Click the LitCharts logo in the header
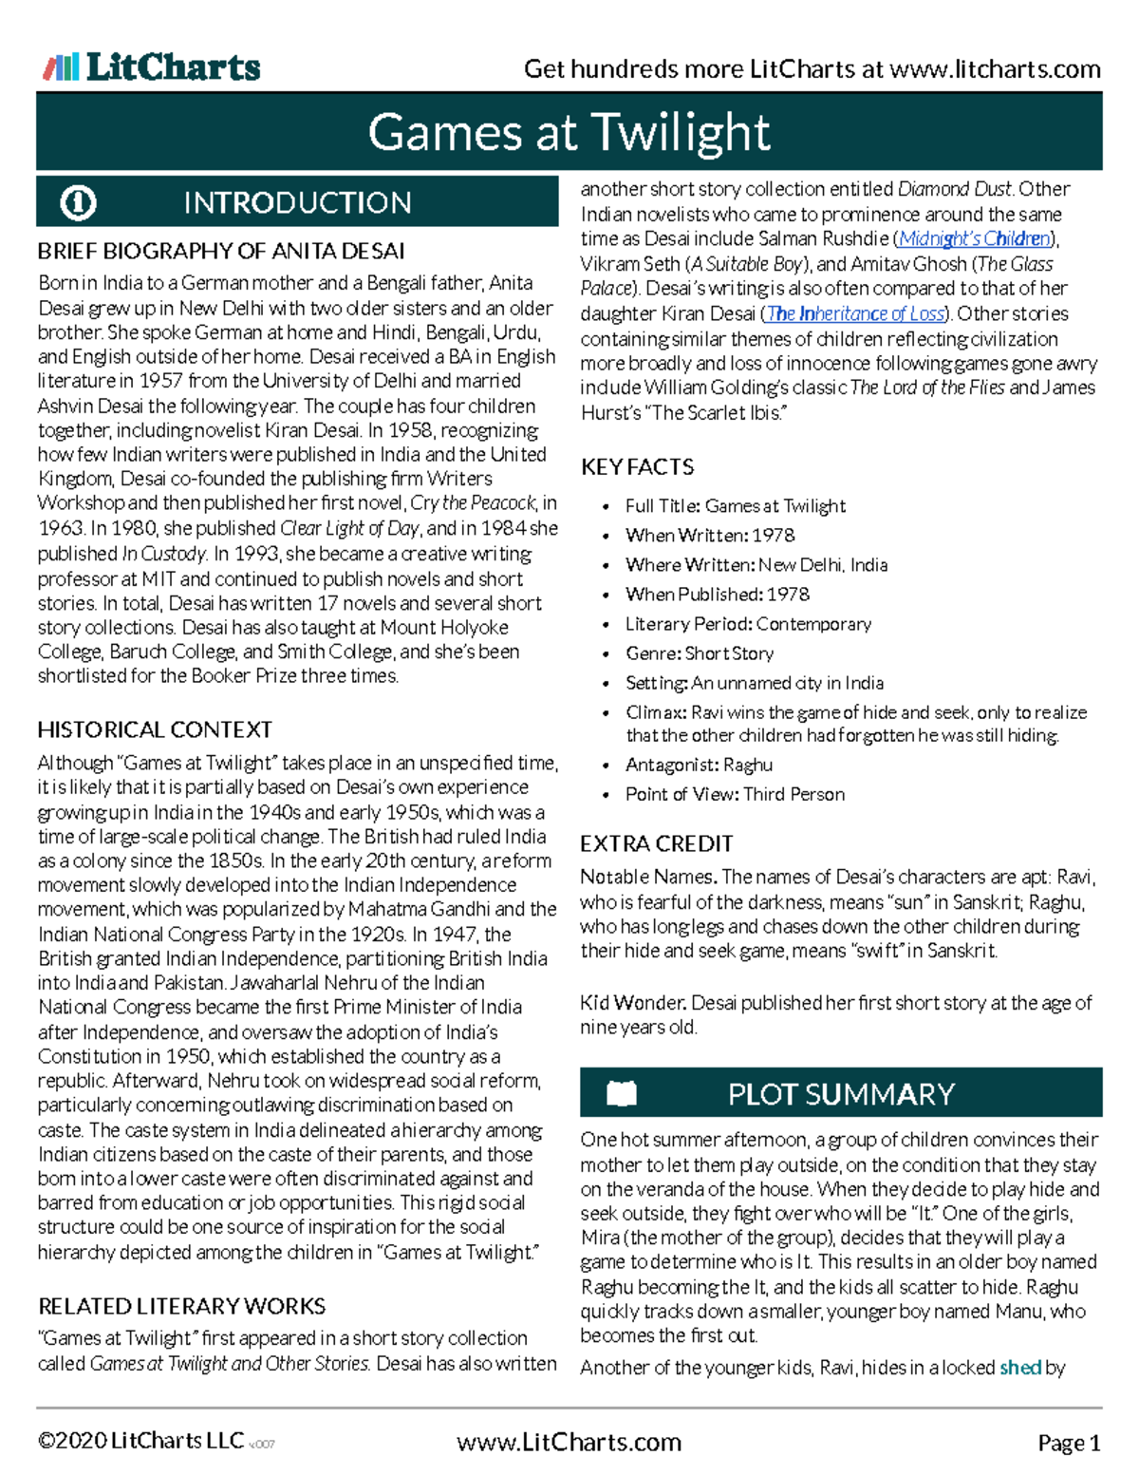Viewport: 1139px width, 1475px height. [152, 66]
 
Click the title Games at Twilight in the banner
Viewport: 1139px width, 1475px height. [569, 132]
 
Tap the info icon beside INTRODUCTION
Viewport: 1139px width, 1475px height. [78, 202]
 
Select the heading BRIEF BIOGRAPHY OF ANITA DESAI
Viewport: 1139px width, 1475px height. [221, 252]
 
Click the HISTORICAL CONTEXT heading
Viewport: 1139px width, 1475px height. [155, 730]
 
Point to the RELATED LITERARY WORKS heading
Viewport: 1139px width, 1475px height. [181, 1306]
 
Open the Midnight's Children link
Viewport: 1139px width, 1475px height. [975, 238]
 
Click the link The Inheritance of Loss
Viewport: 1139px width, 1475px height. [855, 313]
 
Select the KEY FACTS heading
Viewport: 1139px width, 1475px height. [637, 467]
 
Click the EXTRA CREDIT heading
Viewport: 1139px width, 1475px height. [656, 843]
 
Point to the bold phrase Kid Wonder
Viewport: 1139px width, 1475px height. [633, 1003]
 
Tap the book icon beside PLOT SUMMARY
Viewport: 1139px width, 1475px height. [622, 1094]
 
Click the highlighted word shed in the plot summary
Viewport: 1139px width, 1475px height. [1020, 1368]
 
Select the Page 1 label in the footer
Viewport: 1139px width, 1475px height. [1069, 1444]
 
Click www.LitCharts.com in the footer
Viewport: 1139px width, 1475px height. [569, 1443]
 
